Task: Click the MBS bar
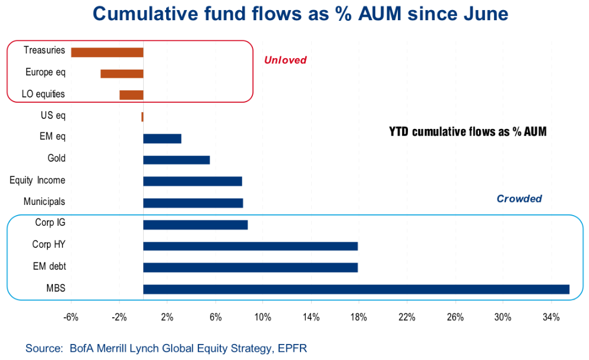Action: click(x=356, y=289)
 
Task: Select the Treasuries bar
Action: click(x=107, y=52)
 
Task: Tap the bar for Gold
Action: click(x=176, y=160)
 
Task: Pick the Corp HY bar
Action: click(x=251, y=246)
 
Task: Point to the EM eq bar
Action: click(x=162, y=138)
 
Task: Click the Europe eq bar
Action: click(x=122, y=74)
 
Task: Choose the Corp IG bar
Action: click(x=195, y=225)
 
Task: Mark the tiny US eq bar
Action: click(x=142, y=117)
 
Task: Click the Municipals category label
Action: click(x=45, y=202)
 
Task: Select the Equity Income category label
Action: click(x=37, y=180)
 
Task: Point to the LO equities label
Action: click(x=43, y=94)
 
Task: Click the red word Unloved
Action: click(x=285, y=60)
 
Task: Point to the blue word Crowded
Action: click(x=519, y=199)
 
